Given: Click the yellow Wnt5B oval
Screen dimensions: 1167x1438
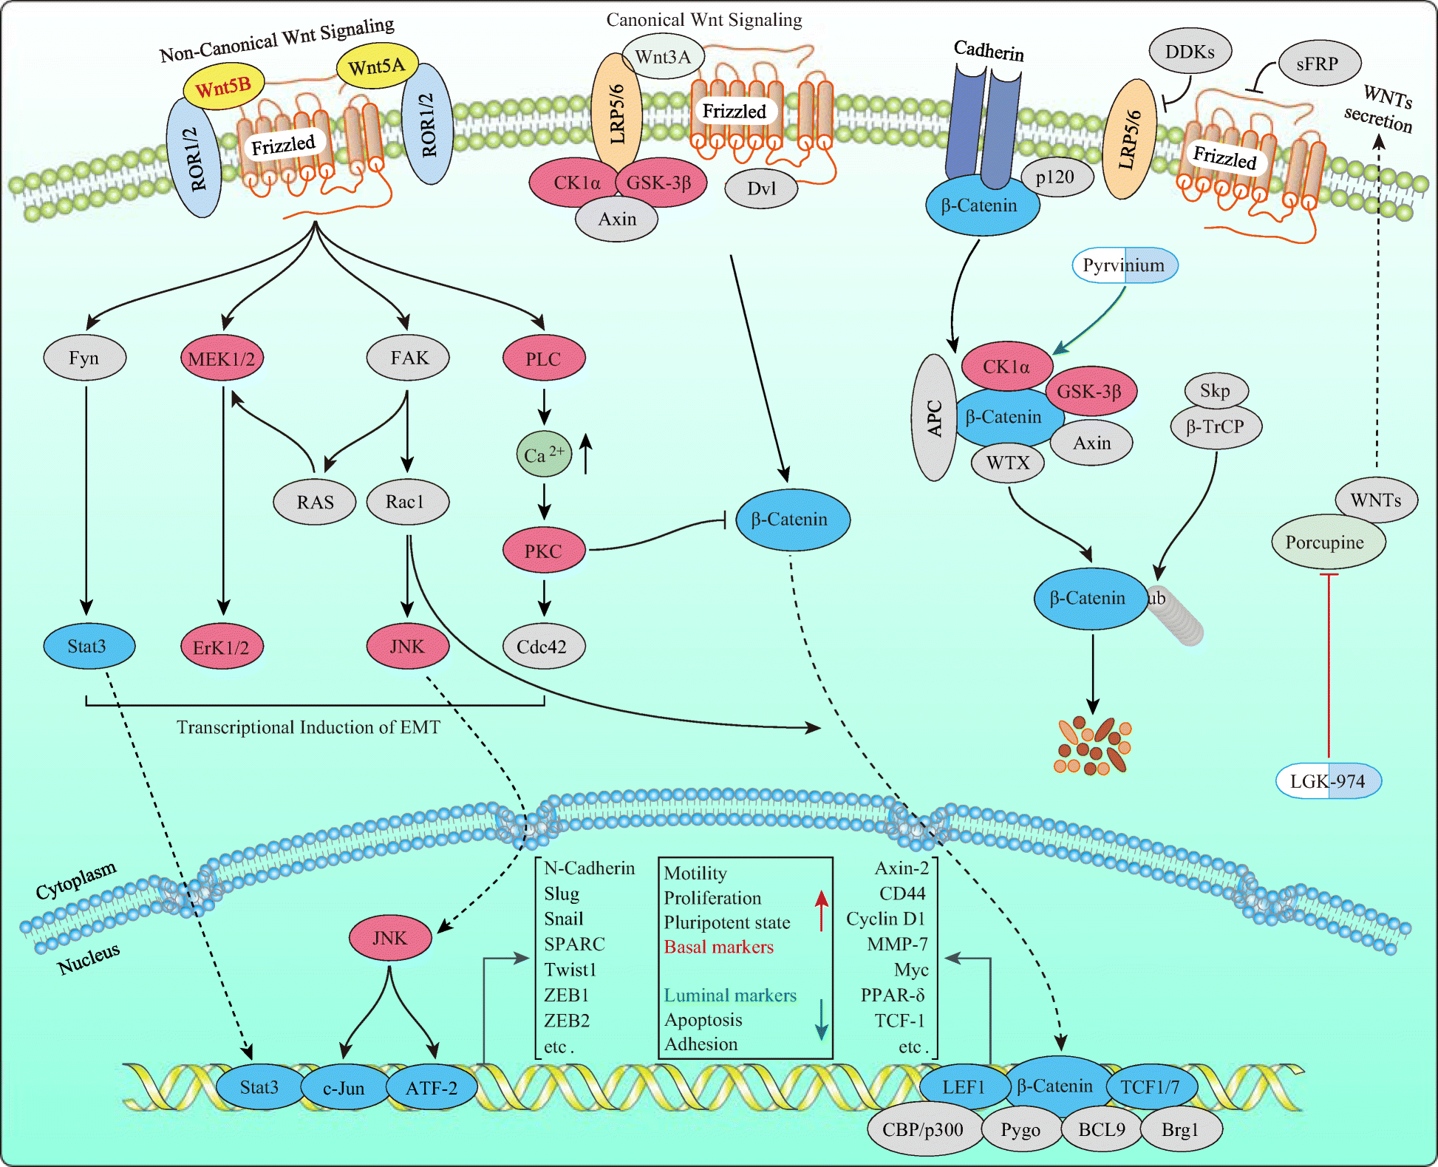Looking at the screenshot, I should (x=222, y=87).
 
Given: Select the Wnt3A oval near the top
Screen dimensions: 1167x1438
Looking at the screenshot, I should (x=662, y=57).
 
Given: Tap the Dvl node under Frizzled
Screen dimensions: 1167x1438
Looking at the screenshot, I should (x=761, y=188).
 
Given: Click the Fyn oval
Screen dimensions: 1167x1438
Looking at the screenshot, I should (x=84, y=358).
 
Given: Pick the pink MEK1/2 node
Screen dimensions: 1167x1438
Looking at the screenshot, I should (x=222, y=359).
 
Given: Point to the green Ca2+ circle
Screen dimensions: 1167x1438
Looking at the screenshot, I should (x=543, y=454).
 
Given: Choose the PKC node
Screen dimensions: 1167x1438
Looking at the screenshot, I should (x=543, y=551).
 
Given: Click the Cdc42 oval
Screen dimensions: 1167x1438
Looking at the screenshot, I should (x=543, y=647).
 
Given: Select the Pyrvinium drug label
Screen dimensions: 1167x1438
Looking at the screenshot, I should (x=1124, y=265).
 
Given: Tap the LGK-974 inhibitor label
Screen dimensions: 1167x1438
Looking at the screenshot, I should (x=1328, y=781).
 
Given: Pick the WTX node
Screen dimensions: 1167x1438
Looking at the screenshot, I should (x=1007, y=463).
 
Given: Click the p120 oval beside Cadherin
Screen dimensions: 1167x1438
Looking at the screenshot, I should (x=1055, y=177).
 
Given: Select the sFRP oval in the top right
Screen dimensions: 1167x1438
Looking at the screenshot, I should (x=1317, y=64).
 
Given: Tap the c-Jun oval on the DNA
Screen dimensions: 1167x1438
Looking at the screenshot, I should (x=344, y=1088).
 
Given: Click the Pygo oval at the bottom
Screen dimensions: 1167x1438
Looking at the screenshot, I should (x=1020, y=1129).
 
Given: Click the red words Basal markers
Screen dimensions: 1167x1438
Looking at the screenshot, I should (x=718, y=947).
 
